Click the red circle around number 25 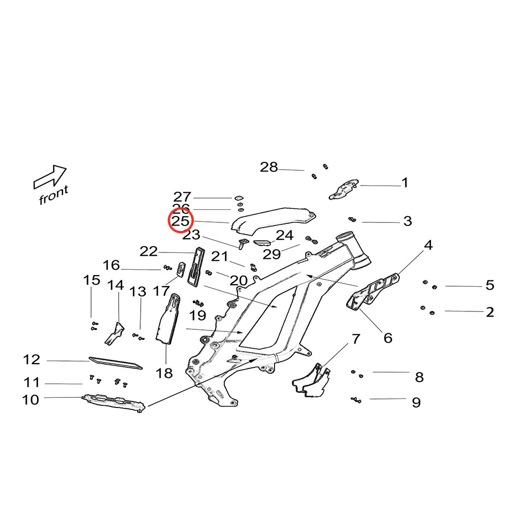click(x=181, y=221)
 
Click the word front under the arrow click(x=53, y=195)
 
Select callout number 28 click(x=269, y=168)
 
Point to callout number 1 click(x=405, y=183)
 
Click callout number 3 click(x=407, y=221)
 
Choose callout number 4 click(x=428, y=245)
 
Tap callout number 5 click(x=490, y=286)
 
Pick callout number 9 click(x=416, y=403)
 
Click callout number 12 click(x=32, y=360)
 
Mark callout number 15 click(x=92, y=280)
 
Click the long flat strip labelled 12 click(x=115, y=363)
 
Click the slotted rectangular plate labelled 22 click(x=194, y=266)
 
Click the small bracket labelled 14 click(x=116, y=333)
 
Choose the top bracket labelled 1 click(x=344, y=189)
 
